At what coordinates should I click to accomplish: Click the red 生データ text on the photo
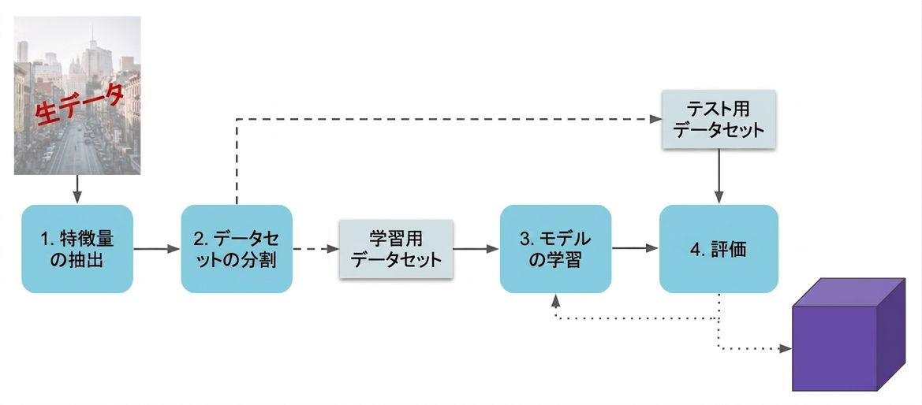pyautogui.click(x=80, y=106)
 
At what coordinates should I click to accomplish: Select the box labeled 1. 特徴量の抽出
pyautogui.click(x=77, y=249)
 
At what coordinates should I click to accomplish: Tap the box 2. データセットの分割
pyautogui.click(x=237, y=249)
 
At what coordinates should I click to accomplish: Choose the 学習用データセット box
pyautogui.click(x=396, y=249)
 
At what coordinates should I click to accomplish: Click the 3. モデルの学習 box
pyautogui.click(x=556, y=249)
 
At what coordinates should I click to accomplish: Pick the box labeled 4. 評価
pyautogui.click(x=719, y=249)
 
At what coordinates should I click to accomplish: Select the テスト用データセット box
pyautogui.click(x=719, y=119)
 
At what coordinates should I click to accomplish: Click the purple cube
pyautogui.click(x=849, y=334)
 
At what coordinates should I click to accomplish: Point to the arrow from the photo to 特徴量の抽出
pyautogui.click(x=77, y=189)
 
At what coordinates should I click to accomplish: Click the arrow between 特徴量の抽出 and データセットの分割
pyautogui.click(x=157, y=249)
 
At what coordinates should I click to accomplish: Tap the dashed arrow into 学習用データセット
pyautogui.click(x=315, y=249)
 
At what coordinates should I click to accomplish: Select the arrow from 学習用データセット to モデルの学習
pyautogui.click(x=476, y=249)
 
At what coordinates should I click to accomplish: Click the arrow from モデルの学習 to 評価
pyautogui.click(x=635, y=249)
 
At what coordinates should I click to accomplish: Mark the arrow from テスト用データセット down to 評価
pyautogui.click(x=719, y=176)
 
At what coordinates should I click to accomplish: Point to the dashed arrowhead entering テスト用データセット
pyautogui.click(x=655, y=119)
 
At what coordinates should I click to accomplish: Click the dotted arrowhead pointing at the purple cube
pyautogui.click(x=786, y=348)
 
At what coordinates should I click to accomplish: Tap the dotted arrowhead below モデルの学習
pyautogui.click(x=556, y=299)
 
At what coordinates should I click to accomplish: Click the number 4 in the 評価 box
pyautogui.click(x=695, y=249)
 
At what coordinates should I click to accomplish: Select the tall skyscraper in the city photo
pyautogui.click(x=92, y=53)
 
